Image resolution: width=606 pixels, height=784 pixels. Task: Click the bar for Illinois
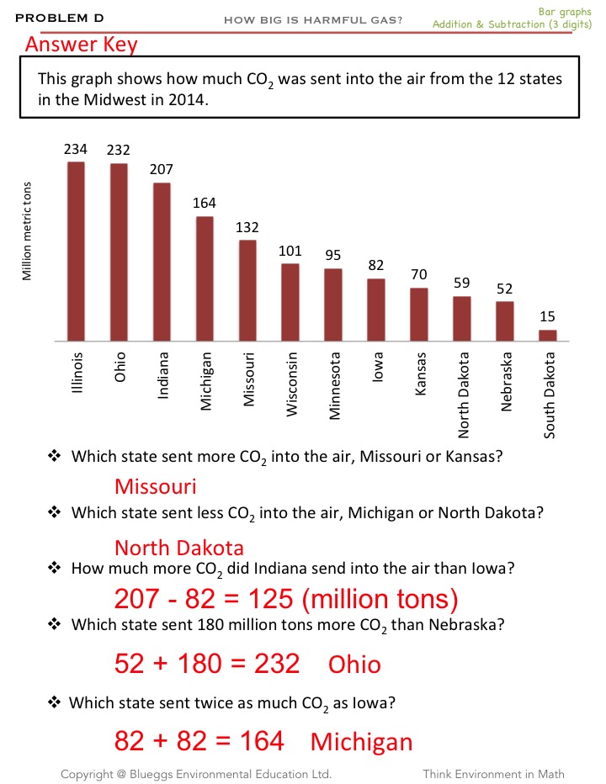coord(76,251)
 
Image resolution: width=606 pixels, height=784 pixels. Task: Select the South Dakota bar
coord(548,336)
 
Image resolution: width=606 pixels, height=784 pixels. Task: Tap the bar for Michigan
coord(205,278)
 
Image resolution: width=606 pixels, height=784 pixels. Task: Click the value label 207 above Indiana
coord(162,169)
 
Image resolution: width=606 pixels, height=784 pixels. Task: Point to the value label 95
coord(333,255)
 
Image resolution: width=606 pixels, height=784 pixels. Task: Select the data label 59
coord(461,283)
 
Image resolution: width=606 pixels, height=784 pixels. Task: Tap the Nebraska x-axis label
coord(506,381)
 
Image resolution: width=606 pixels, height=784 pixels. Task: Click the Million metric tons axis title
coord(28,231)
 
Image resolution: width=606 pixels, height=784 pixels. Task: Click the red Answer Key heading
coord(81,44)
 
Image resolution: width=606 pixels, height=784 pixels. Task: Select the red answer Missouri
coord(155,486)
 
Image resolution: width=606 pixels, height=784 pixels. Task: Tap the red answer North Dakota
coord(179,548)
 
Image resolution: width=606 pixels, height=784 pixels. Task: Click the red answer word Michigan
coord(362,742)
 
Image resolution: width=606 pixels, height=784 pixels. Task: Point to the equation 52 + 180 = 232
coord(207,664)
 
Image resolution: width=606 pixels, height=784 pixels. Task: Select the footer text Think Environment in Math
coord(493,774)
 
